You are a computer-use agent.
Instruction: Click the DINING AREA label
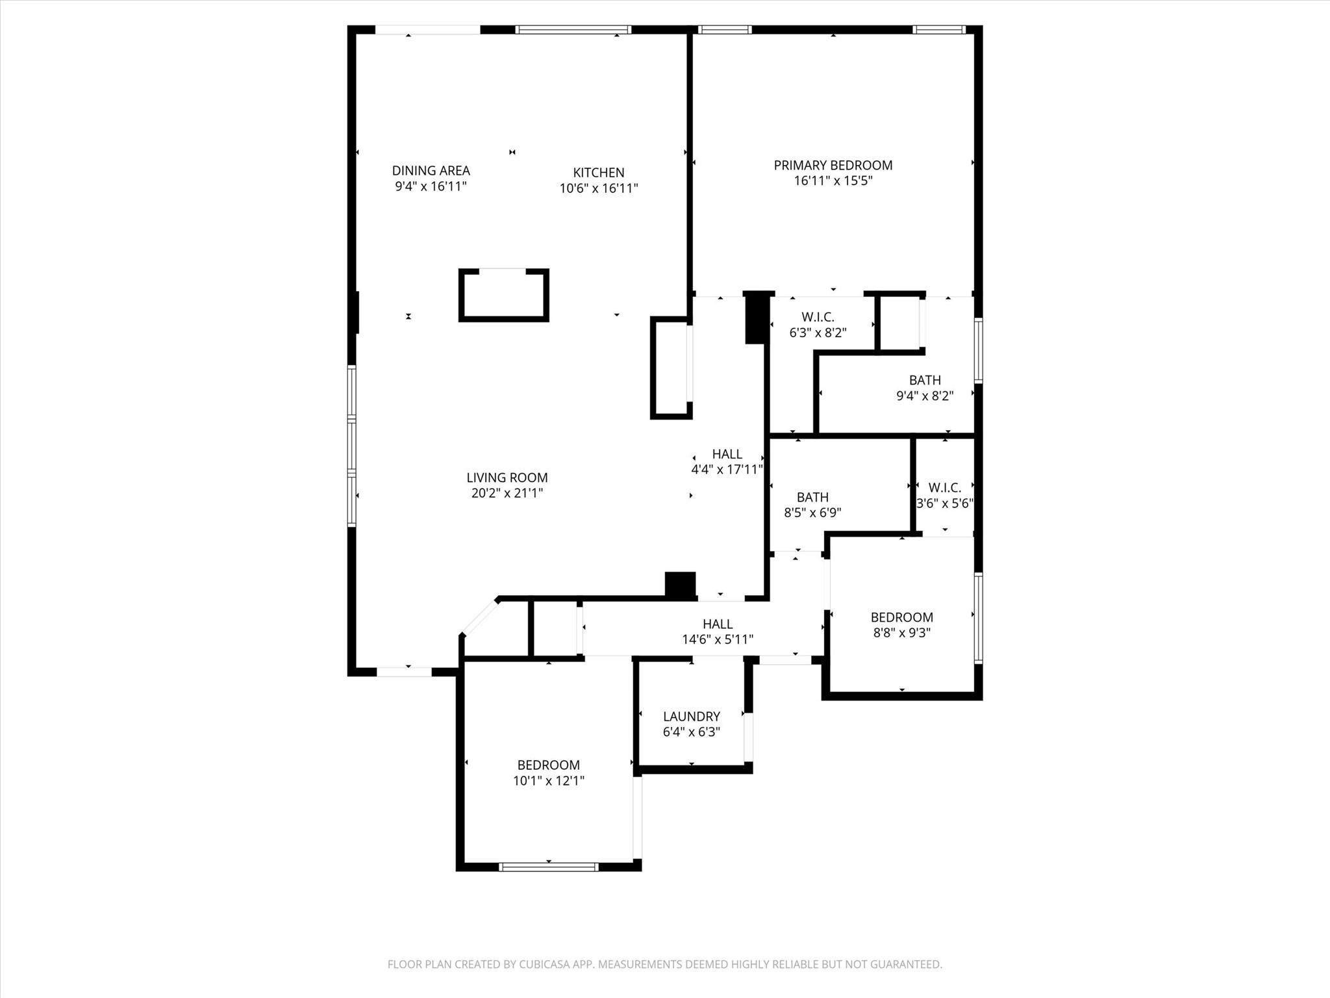[x=431, y=170]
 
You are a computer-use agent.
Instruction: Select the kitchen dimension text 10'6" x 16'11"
[x=599, y=188]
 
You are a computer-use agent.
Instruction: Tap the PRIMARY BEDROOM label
[x=833, y=165]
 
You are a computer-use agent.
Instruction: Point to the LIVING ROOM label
[x=507, y=478]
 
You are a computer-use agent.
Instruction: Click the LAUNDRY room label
[x=691, y=716]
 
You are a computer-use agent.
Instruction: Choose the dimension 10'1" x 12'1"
[x=549, y=781]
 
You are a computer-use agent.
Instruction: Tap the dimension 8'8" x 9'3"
[x=901, y=633]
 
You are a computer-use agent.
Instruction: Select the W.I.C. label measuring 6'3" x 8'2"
[x=818, y=317]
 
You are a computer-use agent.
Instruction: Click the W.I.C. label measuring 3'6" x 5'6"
[x=944, y=487]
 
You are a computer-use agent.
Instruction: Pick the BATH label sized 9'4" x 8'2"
[x=925, y=380]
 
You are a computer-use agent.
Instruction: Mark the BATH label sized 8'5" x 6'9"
[x=812, y=497]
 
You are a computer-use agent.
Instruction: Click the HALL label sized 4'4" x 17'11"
[x=727, y=454]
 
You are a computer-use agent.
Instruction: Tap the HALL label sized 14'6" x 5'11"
[x=718, y=624]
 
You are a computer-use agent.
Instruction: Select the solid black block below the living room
[x=680, y=584]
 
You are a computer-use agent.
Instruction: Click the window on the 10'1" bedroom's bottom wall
[x=549, y=866]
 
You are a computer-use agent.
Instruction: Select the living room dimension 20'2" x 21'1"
[x=507, y=493]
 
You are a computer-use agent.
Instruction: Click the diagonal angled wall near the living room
[x=479, y=616]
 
